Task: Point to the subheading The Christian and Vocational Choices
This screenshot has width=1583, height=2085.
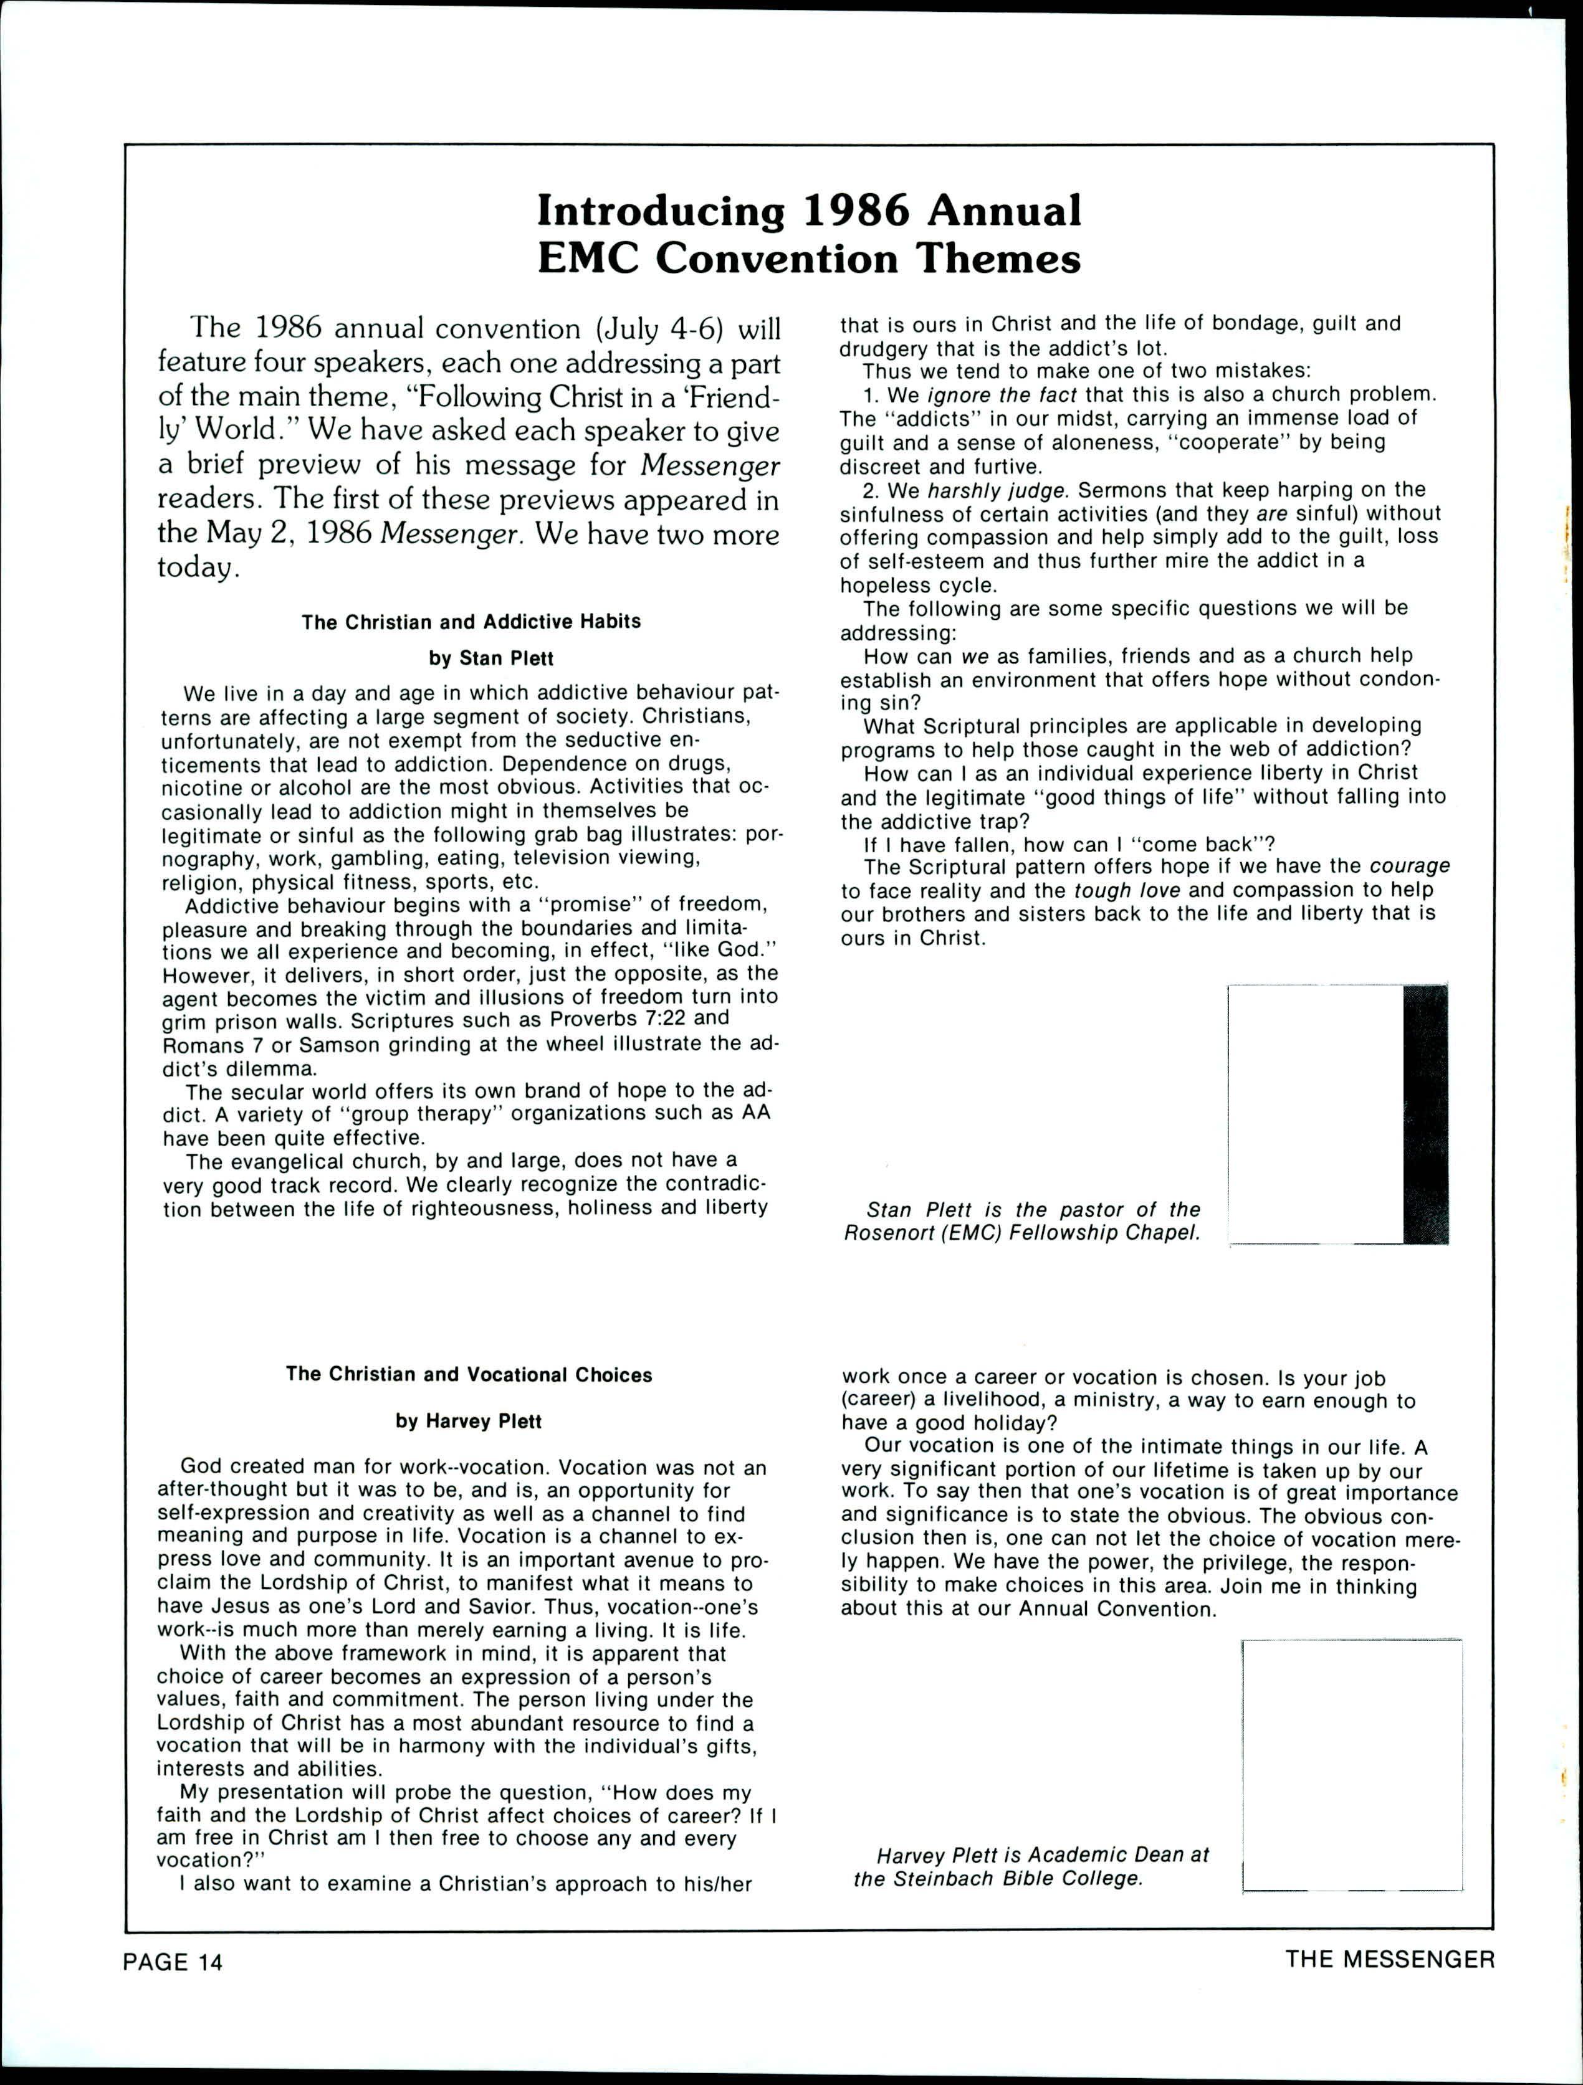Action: [469, 1374]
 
